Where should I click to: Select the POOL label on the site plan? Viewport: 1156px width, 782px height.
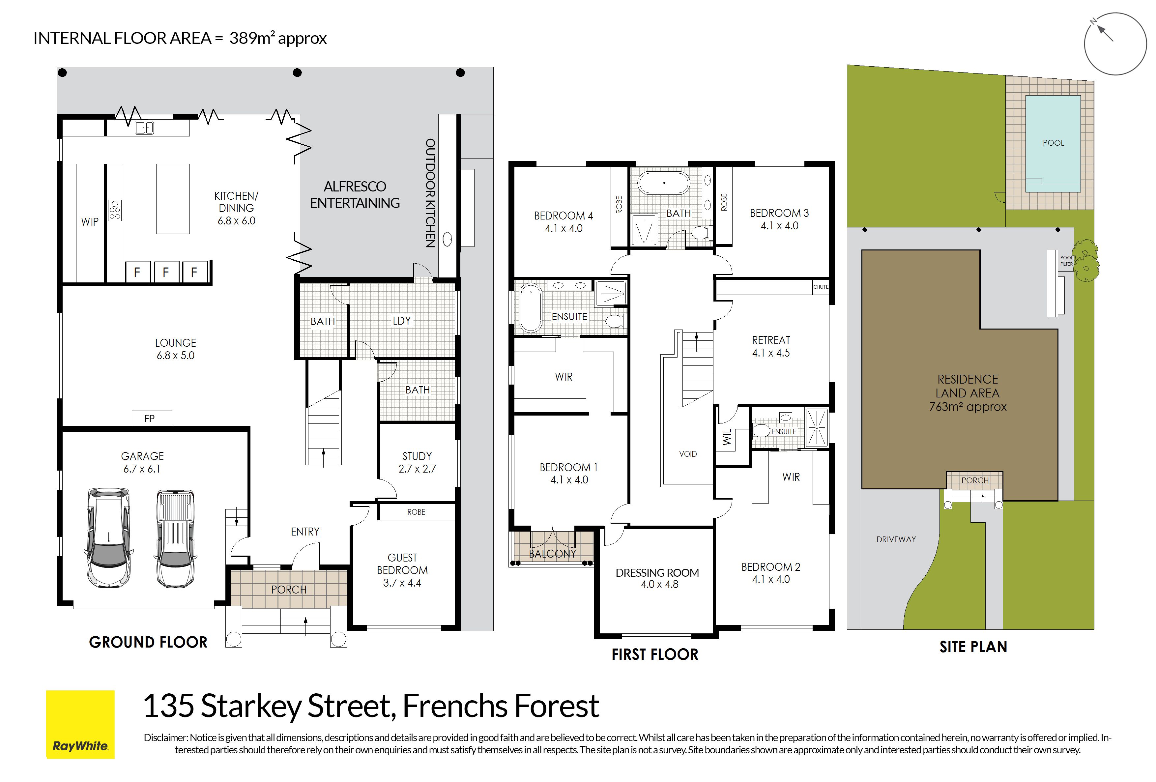coord(1053,143)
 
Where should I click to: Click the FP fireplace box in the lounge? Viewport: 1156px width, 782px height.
coord(152,419)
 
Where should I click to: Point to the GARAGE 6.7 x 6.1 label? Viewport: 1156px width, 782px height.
coord(142,462)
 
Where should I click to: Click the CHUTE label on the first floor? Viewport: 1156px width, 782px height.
coord(821,287)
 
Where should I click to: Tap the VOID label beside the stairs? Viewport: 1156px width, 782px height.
coord(688,454)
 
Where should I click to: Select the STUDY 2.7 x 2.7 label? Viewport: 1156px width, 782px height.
coord(417,462)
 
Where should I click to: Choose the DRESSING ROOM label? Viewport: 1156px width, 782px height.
coord(657,572)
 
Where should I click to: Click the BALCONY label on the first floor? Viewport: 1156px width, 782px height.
coord(552,553)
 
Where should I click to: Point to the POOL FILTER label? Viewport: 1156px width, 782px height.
coord(1066,261)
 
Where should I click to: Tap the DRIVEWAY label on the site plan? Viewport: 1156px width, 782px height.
coord(896,539)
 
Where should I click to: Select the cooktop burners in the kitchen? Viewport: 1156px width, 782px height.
coord(115,210)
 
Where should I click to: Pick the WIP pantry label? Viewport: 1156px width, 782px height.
coord(90,222)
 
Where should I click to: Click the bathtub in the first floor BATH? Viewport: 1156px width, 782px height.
coord(664,183)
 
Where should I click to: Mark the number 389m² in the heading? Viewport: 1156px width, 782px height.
coord(250,38)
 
